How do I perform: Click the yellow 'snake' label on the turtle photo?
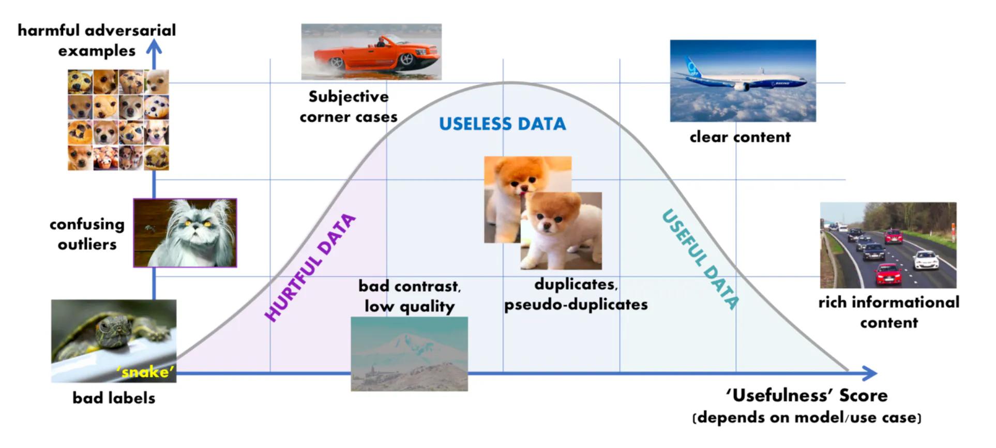(x=145, y=372)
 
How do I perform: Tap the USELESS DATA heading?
(x=502, y=124)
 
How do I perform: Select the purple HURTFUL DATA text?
(x=310, y=268)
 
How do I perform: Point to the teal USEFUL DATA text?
(x=700, y=259)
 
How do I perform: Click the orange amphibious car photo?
(x=371, y=52)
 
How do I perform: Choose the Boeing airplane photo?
(x=743, y=81)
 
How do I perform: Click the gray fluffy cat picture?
(x=185, y=233)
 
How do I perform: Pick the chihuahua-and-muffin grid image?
(x=118, y=120)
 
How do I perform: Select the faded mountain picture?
(x=409, y=354)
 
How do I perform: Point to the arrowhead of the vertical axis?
(x=154, y=48)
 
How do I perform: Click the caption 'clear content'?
(x=740, y=137)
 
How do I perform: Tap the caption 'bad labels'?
(x=114, y=398)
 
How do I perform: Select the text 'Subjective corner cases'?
(x=349, y=107)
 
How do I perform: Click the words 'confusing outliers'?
(x=87, y=234)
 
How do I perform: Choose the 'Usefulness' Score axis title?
(x=807, y=396)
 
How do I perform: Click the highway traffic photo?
(x=888, y=245)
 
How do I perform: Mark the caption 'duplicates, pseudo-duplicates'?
(x=576, y=294)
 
